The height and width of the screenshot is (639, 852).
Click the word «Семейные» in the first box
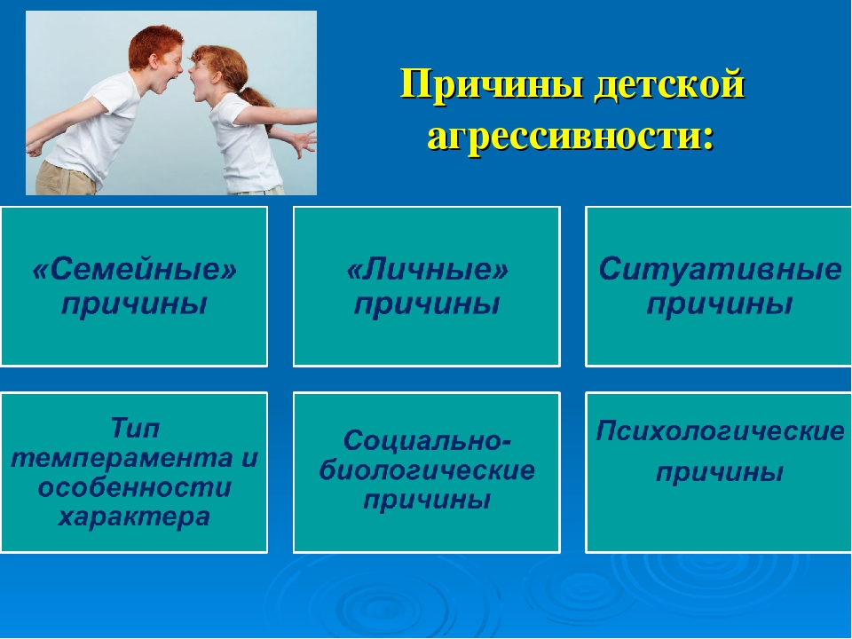click(135, 269)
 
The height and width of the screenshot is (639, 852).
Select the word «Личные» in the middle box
click(427, 269)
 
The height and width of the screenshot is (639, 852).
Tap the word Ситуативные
click(720, 269)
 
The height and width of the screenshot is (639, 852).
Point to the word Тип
click(135, 428)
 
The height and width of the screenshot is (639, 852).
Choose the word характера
click(134, 517)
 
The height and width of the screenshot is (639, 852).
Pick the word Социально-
click(427, 440)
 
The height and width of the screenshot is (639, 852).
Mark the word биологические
click(427, 470)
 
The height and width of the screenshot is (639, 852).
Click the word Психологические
click(720, 431)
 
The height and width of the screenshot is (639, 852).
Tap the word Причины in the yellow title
click(493, 84)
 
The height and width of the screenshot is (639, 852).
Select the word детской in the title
click(669, 85)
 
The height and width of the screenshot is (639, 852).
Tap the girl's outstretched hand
click(304, 142)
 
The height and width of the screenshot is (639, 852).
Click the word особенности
click(134, 487)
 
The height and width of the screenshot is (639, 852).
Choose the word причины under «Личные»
click(427, 304)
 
